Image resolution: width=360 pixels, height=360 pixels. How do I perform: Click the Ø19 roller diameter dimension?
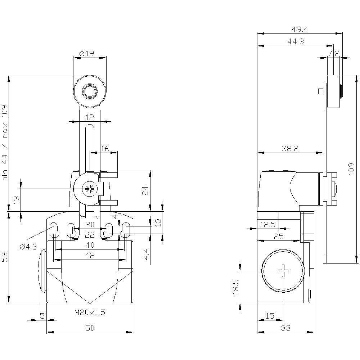tap(86, 53)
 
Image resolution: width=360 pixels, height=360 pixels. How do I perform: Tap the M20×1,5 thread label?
tap(90, 313)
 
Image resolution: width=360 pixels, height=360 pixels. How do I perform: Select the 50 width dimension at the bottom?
tap(90, 328)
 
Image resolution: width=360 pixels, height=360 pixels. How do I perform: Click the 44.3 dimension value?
tap(296, 42)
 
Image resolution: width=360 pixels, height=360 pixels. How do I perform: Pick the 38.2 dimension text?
tap(290, 148)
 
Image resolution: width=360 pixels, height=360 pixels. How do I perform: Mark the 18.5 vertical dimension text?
tap(236, 286)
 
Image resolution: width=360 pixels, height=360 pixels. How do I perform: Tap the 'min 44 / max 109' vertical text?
tap(5, 143)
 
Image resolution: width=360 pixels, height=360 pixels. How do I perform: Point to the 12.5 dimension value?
tap(267, 224)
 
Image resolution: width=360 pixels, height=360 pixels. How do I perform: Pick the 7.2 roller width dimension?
tap(334, 53)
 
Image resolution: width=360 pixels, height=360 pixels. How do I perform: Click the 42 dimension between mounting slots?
tap(90, 255)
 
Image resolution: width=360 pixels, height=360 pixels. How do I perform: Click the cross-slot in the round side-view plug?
tap(283, 270)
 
